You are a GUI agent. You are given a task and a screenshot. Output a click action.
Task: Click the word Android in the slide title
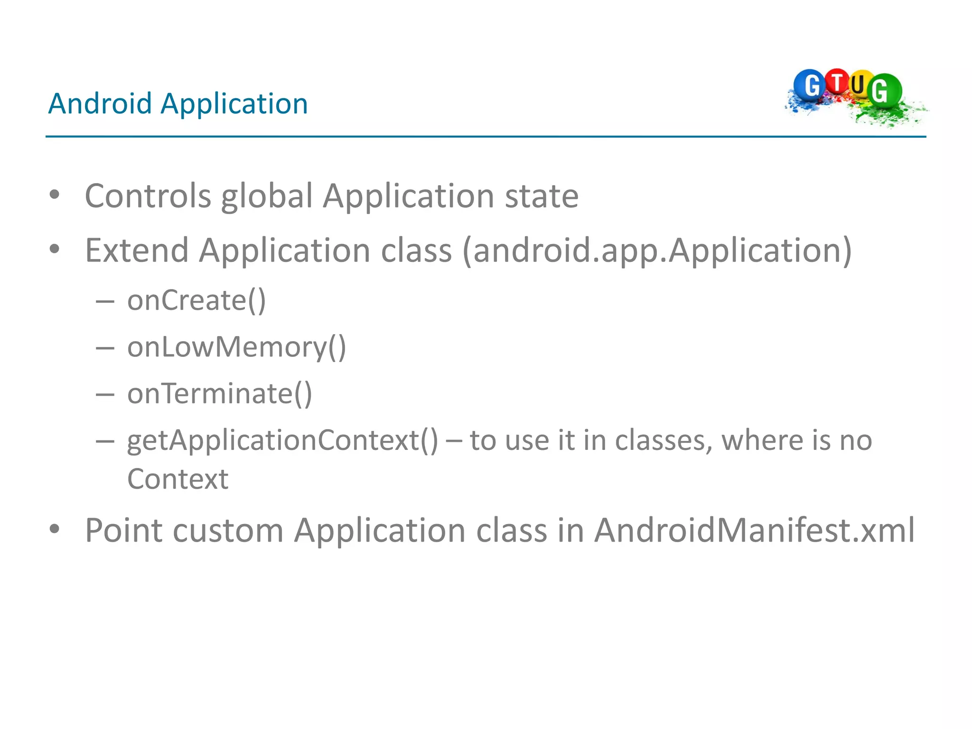(100, 103)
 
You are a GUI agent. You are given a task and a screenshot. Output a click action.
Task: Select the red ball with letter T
(837, 82)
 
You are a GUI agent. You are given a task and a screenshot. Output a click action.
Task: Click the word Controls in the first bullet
(148, 196)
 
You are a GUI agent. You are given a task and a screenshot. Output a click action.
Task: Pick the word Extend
(137, 251)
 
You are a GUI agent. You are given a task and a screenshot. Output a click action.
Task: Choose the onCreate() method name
(196, 301)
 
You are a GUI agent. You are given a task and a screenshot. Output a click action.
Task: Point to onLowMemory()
(236, 347)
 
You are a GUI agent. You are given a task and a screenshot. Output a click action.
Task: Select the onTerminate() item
(219, 394)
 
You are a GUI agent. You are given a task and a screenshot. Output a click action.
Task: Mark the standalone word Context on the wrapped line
(178, 479)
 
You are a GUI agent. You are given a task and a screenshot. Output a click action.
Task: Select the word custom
(228, 531)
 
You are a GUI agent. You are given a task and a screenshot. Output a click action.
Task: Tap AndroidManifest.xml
(754, 530)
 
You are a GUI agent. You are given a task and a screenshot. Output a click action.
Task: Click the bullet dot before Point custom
(55, 529)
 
